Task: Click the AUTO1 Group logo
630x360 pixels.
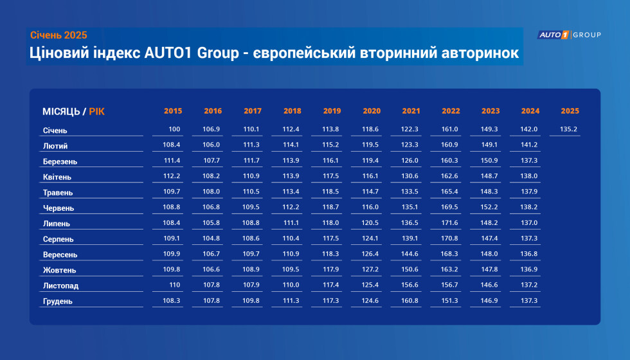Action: (x=569, y=35)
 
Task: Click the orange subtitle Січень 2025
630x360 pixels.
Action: (x=59, y=35)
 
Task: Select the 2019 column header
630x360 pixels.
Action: (x=332, y=111)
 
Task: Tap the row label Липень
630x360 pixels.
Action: (x=57, y=224)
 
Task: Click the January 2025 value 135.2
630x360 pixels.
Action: (x=568, y=129)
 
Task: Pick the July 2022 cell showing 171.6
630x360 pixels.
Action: (x=449, y=222)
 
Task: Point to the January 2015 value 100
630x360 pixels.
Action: (x=174, y=129)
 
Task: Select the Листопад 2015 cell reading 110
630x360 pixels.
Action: (x=174, y=285)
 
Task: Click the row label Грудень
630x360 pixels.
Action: (x=58, y=301)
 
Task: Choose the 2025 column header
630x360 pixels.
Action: (x=570, y=111)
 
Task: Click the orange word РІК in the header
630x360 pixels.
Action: (x=97, y=112)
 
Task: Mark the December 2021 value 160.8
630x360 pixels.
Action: (x=410, y=301)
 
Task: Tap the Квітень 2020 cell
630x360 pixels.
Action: (x=370, y=176)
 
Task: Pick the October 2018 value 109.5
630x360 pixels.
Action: (x=291, y=269)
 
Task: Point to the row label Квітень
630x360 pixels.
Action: (x=57, y=177)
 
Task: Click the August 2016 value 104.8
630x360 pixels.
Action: (x=212, y=239)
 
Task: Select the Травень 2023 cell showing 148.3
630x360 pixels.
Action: (x=489, y=192)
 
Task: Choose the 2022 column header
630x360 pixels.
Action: (x=451, y=111)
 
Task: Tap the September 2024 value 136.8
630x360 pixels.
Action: (x=528, y=253)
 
